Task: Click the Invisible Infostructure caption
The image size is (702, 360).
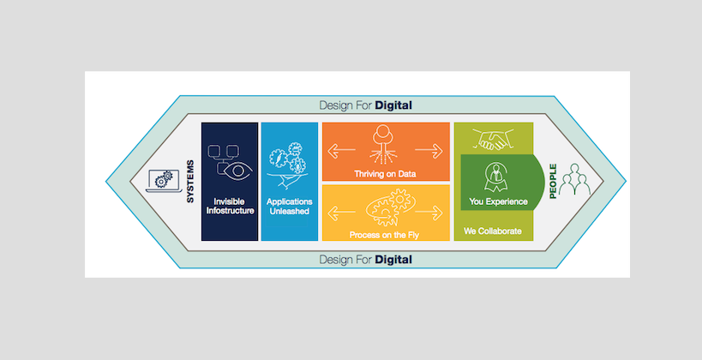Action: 230,207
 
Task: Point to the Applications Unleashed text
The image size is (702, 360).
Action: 289,207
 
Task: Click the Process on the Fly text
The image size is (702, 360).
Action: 385,234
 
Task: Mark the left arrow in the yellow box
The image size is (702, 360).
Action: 339,210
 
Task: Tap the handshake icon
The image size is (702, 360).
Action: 492,139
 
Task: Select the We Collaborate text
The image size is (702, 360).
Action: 492,231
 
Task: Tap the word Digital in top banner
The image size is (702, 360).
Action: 393,105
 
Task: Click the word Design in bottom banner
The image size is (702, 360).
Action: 337,259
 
